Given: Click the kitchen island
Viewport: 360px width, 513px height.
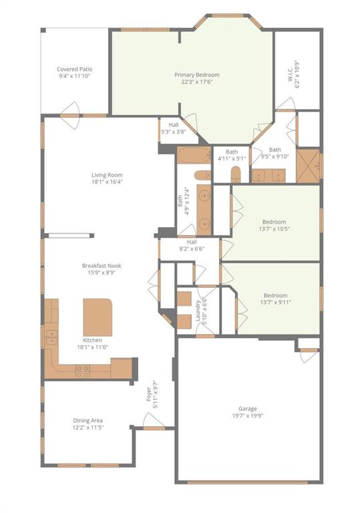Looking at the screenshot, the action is [98, 317].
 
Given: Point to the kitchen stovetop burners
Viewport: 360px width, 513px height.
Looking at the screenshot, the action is [82, 371].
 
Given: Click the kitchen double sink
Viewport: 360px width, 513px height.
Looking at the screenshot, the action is [51, 337].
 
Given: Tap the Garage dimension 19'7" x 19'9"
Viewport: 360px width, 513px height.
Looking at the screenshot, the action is [247, 416].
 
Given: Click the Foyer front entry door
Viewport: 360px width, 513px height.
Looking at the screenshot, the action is [154, 428].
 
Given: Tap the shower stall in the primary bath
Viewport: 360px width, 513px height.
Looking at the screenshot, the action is [308, 166].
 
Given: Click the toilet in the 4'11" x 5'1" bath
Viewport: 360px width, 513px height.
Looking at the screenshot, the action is [235, 174].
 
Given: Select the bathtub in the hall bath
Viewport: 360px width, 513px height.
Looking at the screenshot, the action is [194, 155].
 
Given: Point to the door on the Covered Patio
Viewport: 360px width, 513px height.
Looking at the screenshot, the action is [69, 115].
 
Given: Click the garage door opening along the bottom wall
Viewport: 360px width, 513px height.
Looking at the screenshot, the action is [247, 482].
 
